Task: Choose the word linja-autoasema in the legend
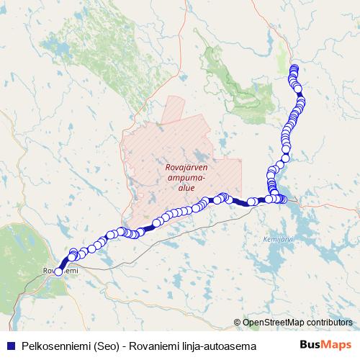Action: [x=220, y=345]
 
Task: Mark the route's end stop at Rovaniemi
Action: [x=58, y=271]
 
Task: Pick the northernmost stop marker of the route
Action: [x=294, y=69]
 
